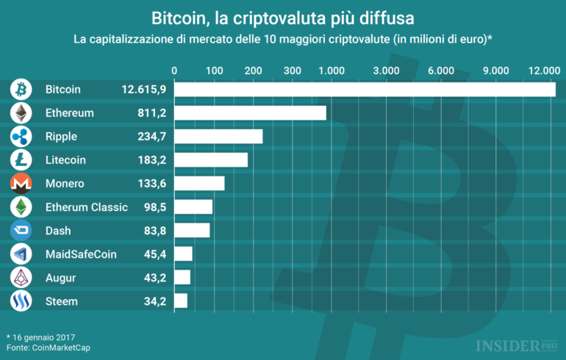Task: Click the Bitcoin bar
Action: click(x=365, y=89)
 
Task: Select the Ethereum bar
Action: click(x=250, y=112)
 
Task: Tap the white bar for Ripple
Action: click(x=218, y=137)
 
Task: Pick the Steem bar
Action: click(x=181, y=300)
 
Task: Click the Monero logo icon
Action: click(x=21, y=184)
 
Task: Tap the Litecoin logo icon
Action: click(x=21, y=160)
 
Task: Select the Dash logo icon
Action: click(x=21, y=231)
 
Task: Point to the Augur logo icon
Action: click(x=21, y=277)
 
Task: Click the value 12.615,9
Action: click(x=144, y=90)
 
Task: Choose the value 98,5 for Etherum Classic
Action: click(x=154, y=207)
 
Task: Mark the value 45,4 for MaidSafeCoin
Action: click(x=154, y=254)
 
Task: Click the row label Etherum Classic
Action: click(x=87, y=207)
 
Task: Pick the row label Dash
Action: click(x=58, y=231)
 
